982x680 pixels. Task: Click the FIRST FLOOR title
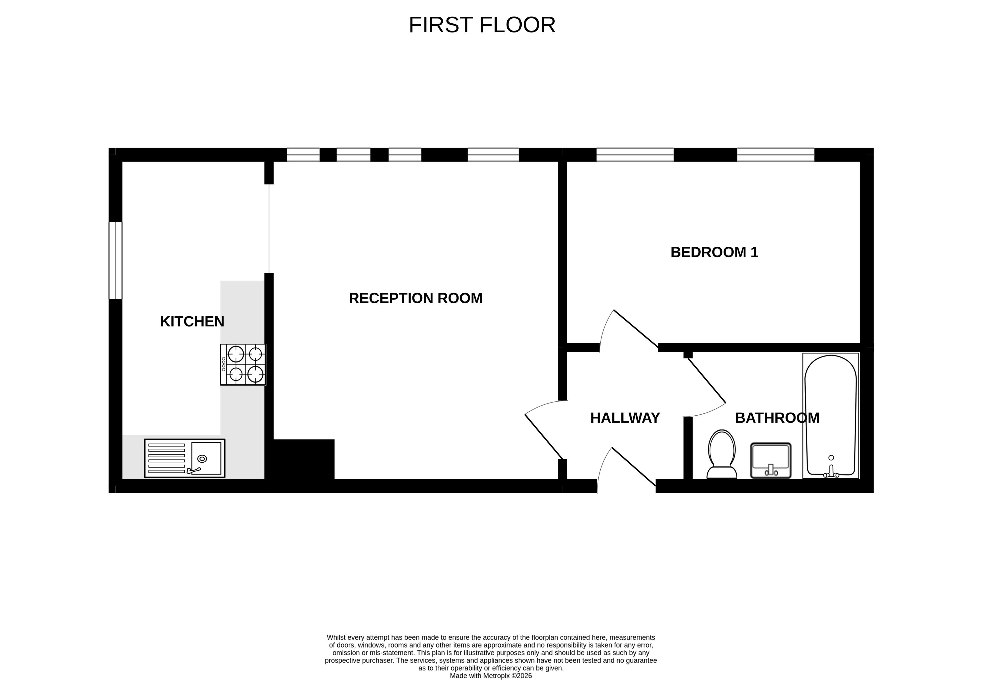tap(482, 25)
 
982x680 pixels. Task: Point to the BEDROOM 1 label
tap(715, 252)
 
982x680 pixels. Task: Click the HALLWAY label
tap(625, 418)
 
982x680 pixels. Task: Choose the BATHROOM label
tap(777, 418)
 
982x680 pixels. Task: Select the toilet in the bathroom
tap(722, 454)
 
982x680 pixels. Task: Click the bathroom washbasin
tap(771, 461)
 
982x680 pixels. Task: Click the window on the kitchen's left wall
tap(115, 260)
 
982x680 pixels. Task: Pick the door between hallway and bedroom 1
tap(629, 331)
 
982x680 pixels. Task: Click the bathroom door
tap(704, 388)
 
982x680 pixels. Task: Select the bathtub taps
tap(831, 471)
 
